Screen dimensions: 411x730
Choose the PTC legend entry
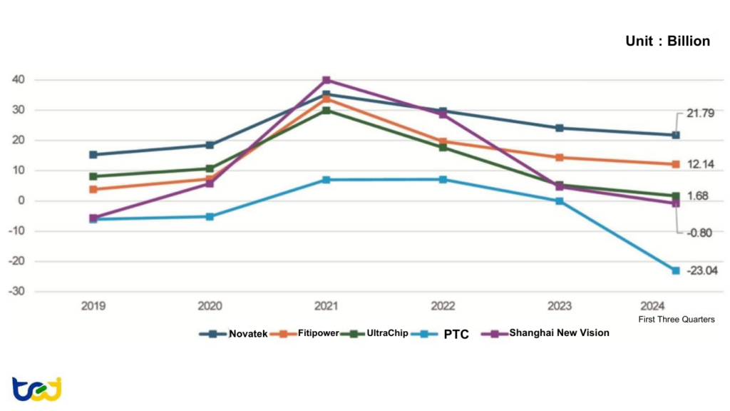449,334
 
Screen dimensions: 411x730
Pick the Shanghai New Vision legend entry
546,333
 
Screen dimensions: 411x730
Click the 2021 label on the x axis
326,306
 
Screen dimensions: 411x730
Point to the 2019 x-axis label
93,306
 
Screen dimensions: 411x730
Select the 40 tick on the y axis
18,80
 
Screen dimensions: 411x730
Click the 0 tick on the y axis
21,201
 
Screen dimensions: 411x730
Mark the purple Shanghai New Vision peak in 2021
326,80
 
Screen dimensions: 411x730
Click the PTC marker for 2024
675,270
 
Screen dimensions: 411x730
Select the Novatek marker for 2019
93,155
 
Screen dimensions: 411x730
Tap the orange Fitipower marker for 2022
443,142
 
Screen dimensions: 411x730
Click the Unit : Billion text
667,41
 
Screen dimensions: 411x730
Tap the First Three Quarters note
676,320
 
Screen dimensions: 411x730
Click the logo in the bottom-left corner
36,389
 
